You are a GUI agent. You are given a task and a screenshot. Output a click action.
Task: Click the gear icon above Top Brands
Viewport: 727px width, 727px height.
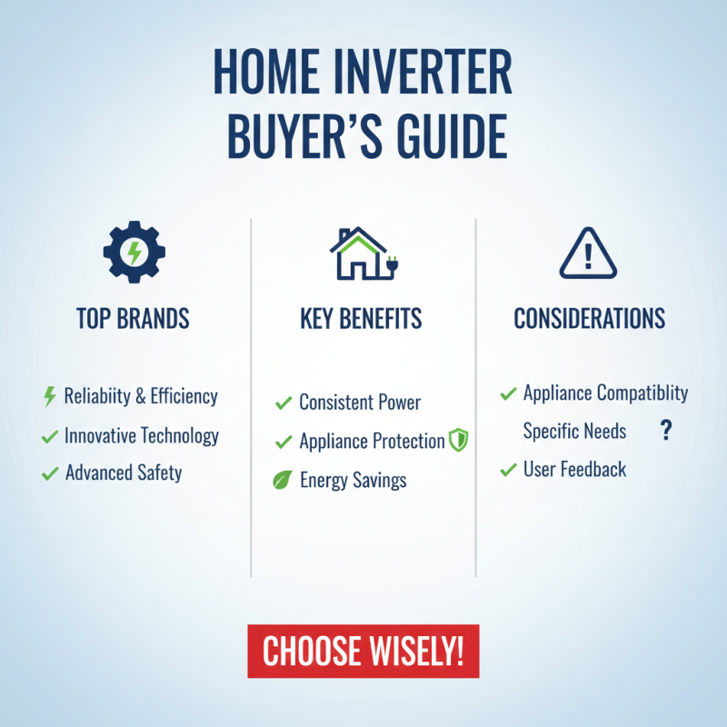133,251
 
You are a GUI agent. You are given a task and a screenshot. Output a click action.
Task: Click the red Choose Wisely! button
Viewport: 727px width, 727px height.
363,651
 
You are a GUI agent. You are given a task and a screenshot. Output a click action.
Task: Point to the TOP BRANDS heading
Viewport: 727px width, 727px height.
133,319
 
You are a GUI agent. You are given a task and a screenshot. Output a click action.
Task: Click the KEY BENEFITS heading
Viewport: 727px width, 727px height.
361,319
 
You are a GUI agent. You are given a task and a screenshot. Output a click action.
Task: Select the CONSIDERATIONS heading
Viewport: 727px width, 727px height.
589,319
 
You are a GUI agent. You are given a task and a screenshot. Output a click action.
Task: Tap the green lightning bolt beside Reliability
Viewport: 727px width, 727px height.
50,397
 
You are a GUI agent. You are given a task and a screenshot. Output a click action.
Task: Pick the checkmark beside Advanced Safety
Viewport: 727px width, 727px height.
50,473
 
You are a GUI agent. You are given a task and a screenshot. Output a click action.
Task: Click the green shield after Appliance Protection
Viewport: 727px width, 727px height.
459,442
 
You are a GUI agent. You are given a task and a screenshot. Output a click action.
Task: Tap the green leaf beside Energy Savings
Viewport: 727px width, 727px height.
283,481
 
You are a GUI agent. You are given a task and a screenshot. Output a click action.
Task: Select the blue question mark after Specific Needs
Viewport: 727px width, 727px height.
665,431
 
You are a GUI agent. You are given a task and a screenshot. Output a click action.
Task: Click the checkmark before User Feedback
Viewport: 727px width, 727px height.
509,470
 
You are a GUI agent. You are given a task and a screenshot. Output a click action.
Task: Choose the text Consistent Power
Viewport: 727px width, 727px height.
360,403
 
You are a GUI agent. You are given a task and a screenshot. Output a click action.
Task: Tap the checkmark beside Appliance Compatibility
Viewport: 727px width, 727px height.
509,393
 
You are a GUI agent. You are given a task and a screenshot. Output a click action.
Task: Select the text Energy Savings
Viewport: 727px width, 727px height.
353,481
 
